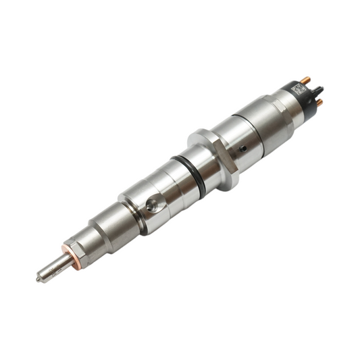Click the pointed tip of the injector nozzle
pyautogui.click(x=39, y=277)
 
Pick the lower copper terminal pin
pyautogui.click(x=319, y=102)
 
